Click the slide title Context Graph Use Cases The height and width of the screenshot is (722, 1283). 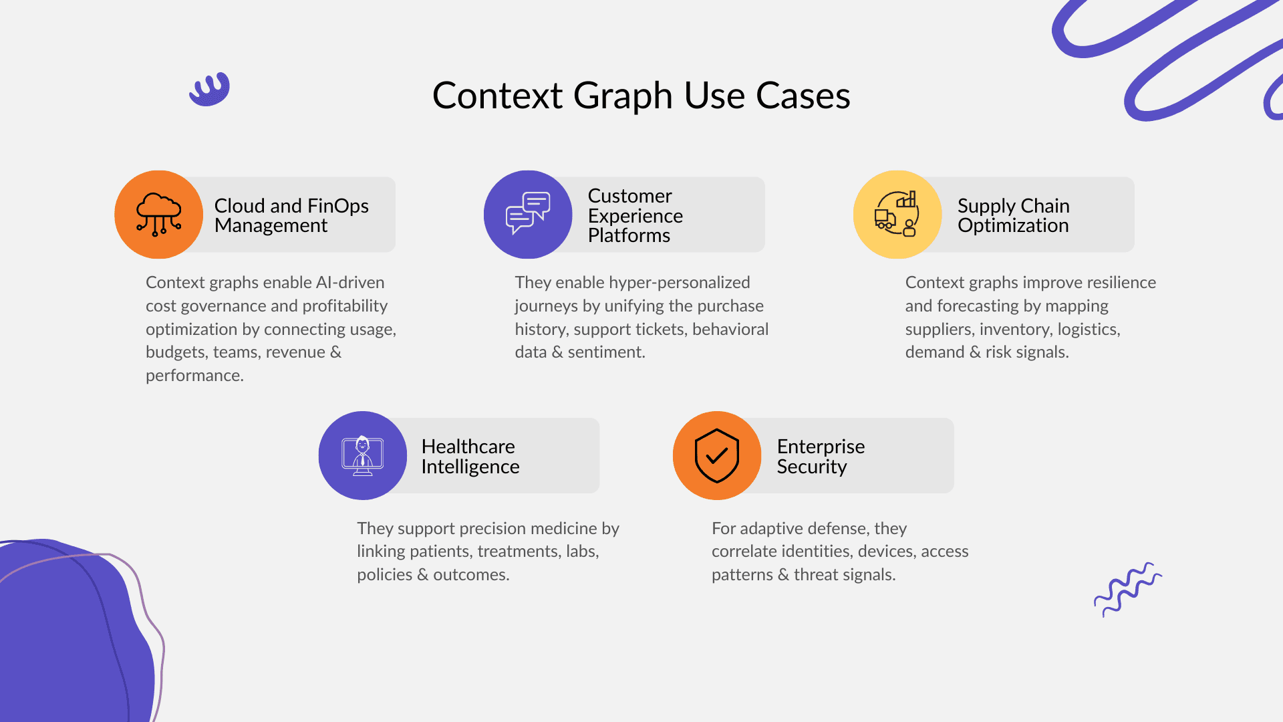(641, 96)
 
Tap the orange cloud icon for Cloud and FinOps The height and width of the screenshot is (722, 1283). (158, 215)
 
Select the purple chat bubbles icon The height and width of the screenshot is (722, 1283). (528, 215)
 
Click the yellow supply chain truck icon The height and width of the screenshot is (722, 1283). (897, 215)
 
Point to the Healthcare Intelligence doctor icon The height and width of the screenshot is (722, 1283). (363, 455)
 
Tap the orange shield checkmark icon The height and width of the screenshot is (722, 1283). (717, 455)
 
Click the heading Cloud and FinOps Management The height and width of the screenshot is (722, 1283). (291, 215)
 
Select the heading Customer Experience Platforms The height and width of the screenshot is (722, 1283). (635, 215)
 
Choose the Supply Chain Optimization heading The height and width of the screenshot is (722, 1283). (1013, 215)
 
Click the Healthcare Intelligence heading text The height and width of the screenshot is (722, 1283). (470, 456)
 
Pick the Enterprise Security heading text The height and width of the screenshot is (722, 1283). (821, 456)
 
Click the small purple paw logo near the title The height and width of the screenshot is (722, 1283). (210, 90)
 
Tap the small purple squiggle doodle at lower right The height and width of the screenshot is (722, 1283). (1127, 588)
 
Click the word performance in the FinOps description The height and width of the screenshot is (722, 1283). (194, 376)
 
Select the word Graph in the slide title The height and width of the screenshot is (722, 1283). (623, 96)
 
